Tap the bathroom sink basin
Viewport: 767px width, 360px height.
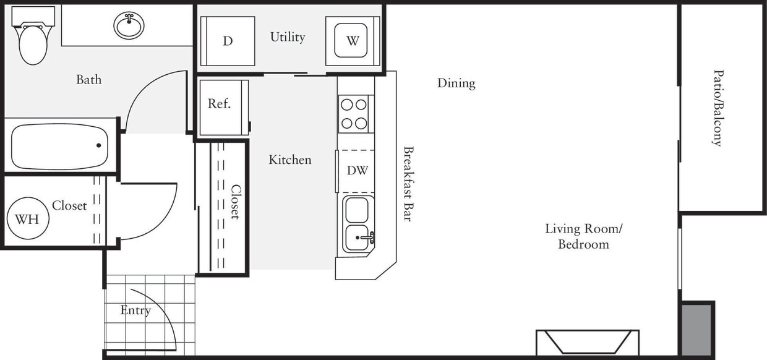129,25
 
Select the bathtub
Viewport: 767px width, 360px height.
59,147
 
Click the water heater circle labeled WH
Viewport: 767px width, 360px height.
27,219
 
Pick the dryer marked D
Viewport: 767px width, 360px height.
228,41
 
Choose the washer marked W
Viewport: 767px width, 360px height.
352,41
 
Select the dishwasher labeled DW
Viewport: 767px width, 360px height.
356,171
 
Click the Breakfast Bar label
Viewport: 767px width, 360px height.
408,184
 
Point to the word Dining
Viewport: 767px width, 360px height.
456,83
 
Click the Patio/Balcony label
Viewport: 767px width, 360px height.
717,108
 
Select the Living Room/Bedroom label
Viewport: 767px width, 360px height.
583,236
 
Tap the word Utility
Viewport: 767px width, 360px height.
288,37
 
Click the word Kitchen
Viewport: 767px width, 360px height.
289,160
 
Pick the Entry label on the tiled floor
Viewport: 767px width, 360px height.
135,311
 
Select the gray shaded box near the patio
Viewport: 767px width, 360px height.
697,329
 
